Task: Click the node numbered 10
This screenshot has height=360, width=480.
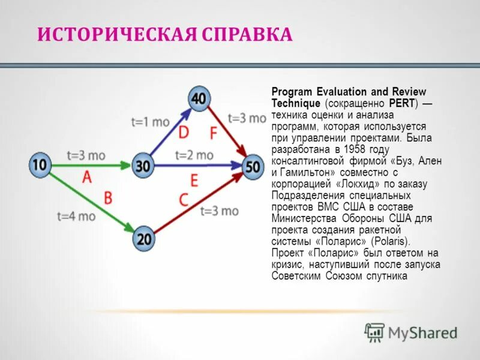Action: coord(40,165)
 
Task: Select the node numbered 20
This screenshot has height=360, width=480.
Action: coord(144,239)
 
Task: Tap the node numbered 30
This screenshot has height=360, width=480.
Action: coord(143,166)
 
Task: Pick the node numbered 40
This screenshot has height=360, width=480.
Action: coord(199,98)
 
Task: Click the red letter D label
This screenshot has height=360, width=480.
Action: coord(183,131)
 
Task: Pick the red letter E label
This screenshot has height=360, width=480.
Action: coord(193,179)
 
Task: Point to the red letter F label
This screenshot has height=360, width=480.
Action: coord(213,131)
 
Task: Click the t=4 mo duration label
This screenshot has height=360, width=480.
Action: coord(76,217)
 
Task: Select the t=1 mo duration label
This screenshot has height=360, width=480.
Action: coord(150,121)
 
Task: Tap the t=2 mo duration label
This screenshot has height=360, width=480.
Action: coord(194,155)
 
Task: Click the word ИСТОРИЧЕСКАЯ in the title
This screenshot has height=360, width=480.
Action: coord(115,34)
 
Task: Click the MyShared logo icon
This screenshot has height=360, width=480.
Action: coord(374,331)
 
